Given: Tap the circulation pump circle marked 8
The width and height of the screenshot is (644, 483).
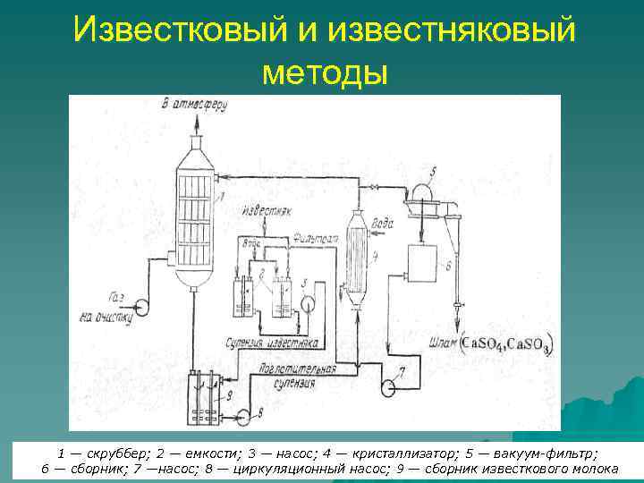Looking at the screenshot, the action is (x=240, y=413).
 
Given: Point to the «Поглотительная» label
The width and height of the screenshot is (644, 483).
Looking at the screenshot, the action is (x=292, y=370).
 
